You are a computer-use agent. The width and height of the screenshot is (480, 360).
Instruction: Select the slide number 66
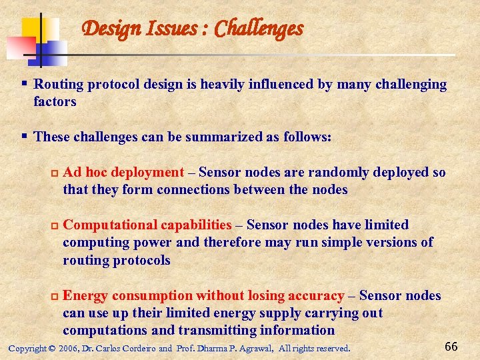(451, 346)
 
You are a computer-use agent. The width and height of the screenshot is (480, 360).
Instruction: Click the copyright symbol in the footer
(52, 349)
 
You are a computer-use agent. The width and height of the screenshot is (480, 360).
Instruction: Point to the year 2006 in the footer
(68, 349)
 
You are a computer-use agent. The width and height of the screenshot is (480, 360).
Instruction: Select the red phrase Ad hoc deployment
(123, 173)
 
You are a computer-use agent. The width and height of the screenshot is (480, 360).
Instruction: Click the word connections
(191, 190)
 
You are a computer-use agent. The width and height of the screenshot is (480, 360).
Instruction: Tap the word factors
(55, 102)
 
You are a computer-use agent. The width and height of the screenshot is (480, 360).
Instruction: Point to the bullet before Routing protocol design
(25, 84)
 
